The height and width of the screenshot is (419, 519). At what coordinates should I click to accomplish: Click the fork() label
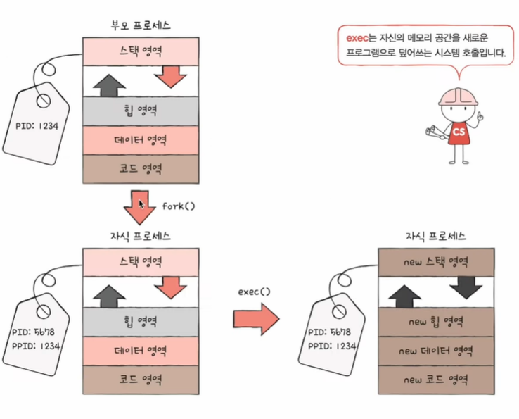point(179,206)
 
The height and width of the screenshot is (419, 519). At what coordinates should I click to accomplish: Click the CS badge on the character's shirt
point(459,132)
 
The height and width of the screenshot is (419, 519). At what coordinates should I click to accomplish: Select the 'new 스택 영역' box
point(432,262)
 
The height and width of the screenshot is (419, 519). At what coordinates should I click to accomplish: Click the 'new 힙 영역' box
point(432,322)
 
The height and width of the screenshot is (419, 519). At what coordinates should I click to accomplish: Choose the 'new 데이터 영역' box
point(432,351)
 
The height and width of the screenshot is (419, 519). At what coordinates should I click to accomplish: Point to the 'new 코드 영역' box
point(432,380)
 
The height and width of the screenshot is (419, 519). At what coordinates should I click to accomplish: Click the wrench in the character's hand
point(432,132)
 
